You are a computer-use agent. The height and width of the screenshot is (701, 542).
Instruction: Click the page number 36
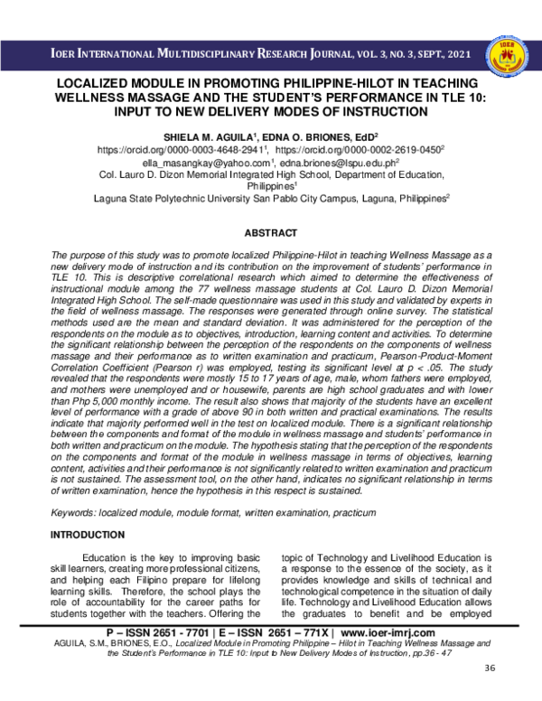click(491, 693)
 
